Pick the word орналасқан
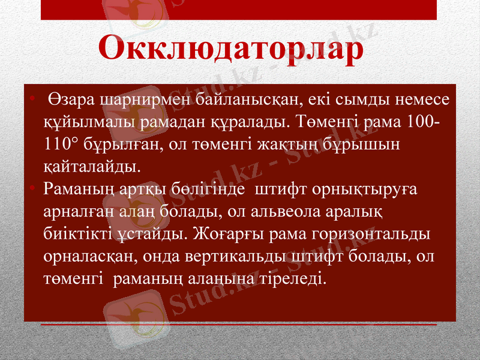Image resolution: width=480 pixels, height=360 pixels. [85, 256]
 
